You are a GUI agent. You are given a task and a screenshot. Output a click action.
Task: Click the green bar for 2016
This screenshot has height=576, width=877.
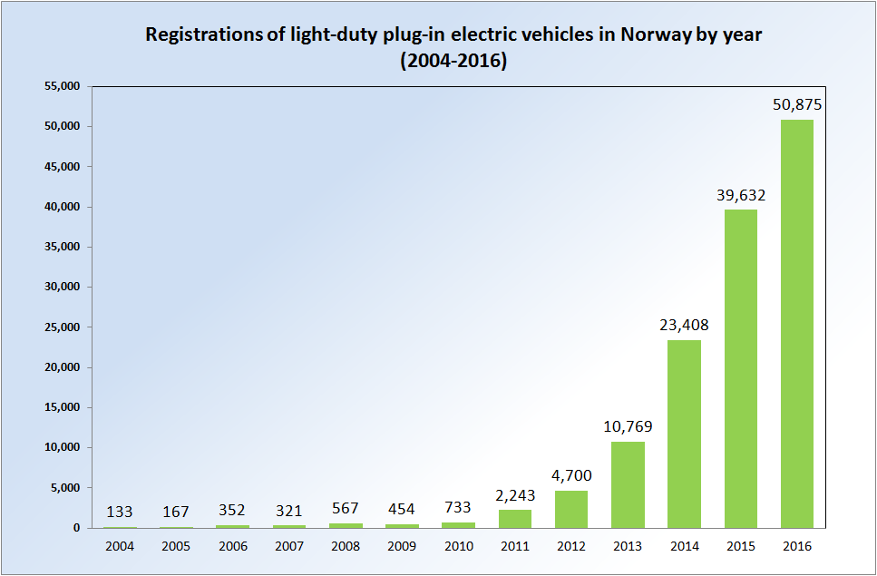797,324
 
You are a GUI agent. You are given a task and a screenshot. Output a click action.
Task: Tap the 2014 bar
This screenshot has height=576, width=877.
684,434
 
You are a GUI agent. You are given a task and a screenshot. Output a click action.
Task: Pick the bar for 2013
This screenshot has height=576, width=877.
628,484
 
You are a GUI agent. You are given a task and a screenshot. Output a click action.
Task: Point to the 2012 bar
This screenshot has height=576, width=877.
571,509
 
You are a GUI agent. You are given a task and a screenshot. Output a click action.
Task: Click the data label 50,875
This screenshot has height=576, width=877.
797,104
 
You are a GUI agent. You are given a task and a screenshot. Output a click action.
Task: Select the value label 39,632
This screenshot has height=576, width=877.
740,194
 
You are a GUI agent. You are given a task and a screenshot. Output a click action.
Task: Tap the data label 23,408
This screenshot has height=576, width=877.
684,325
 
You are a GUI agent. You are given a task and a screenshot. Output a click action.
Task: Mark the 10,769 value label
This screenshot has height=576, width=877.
628,426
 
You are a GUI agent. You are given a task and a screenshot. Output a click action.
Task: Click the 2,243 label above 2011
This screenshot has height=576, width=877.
515,494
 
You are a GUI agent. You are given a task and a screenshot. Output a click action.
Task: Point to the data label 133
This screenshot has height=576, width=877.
120,512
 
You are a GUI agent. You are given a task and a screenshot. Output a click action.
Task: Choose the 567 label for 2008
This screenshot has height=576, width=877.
346,510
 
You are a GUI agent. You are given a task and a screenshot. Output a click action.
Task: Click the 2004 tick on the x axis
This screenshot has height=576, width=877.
120,546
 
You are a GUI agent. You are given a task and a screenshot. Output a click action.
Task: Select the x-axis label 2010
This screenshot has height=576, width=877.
459,546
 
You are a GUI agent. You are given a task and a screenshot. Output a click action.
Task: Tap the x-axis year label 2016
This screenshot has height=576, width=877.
797,546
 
